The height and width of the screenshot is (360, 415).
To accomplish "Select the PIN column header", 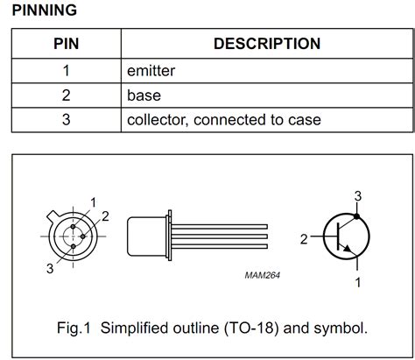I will pos(66,43).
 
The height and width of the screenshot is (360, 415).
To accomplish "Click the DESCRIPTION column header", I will pos(267,43).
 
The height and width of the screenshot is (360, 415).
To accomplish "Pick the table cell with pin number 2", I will pos(66,95).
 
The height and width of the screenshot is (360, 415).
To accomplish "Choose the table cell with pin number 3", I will pos(66,119).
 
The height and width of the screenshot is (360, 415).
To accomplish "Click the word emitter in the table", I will pos(153,69).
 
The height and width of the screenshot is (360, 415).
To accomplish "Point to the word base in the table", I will pos(144,95).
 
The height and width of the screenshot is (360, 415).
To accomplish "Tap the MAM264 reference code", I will pos(264,275).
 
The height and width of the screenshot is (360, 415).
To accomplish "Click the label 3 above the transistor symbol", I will pos(357,194).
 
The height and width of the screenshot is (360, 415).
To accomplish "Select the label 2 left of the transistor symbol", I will pos(304,237).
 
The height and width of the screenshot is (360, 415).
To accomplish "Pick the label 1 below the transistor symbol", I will pos(357,281).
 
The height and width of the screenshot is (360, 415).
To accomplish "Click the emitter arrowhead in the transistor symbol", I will pos(349,252).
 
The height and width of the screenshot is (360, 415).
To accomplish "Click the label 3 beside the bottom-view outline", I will pos(50,270).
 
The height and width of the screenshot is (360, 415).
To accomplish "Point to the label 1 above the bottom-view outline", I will pos(93,202).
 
